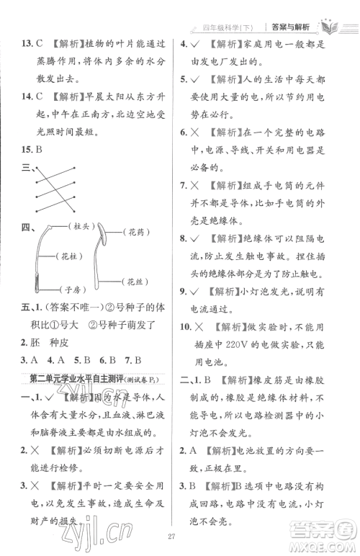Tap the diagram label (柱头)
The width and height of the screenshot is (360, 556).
coord(84,227)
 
